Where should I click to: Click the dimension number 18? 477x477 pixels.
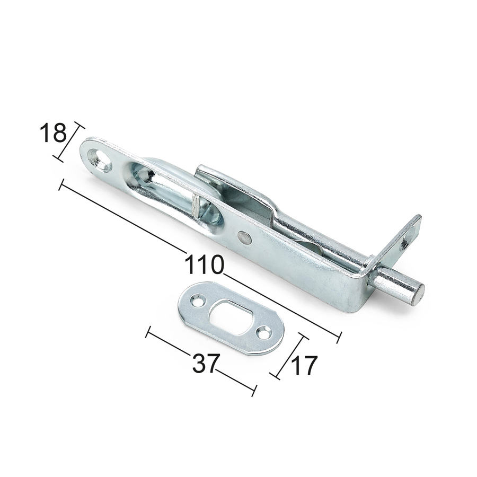click(x=53, y=132)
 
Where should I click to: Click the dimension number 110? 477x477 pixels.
click(x=204, y=264)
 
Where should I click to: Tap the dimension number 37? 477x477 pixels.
click(x=206, y=363)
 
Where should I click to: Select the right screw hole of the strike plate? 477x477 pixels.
click(x=264, y=332)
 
